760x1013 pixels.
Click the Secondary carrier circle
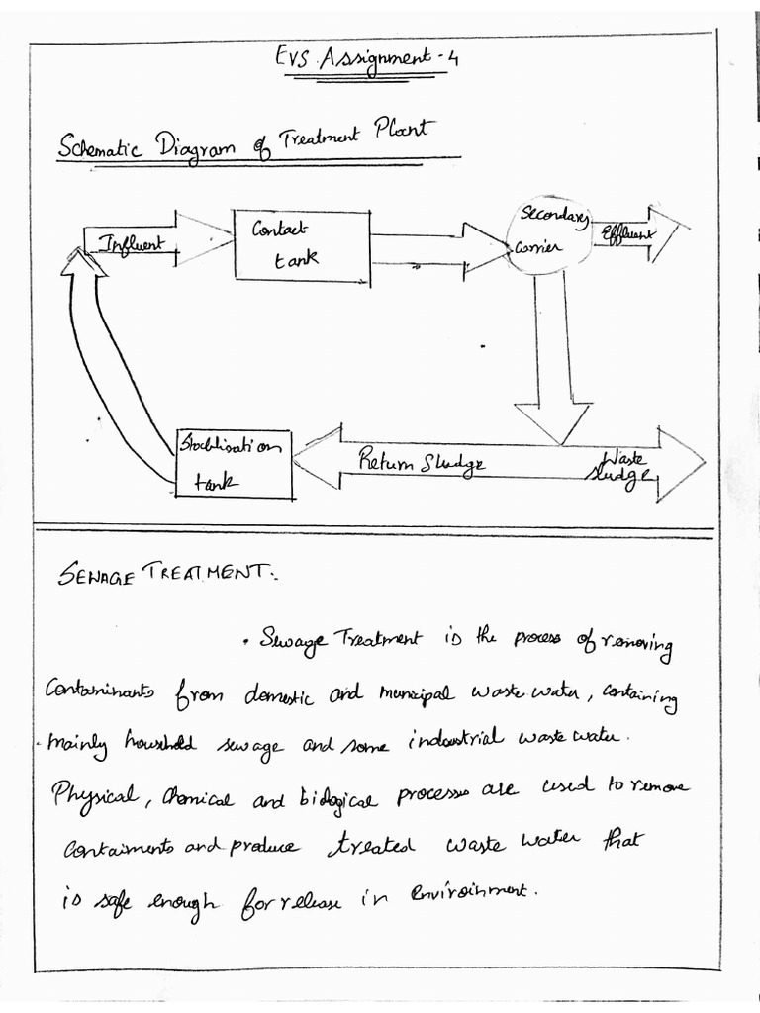pyautogui.click(x=548, y=234)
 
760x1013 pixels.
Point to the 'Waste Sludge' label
pyautogui.click(x=620, y=466)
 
